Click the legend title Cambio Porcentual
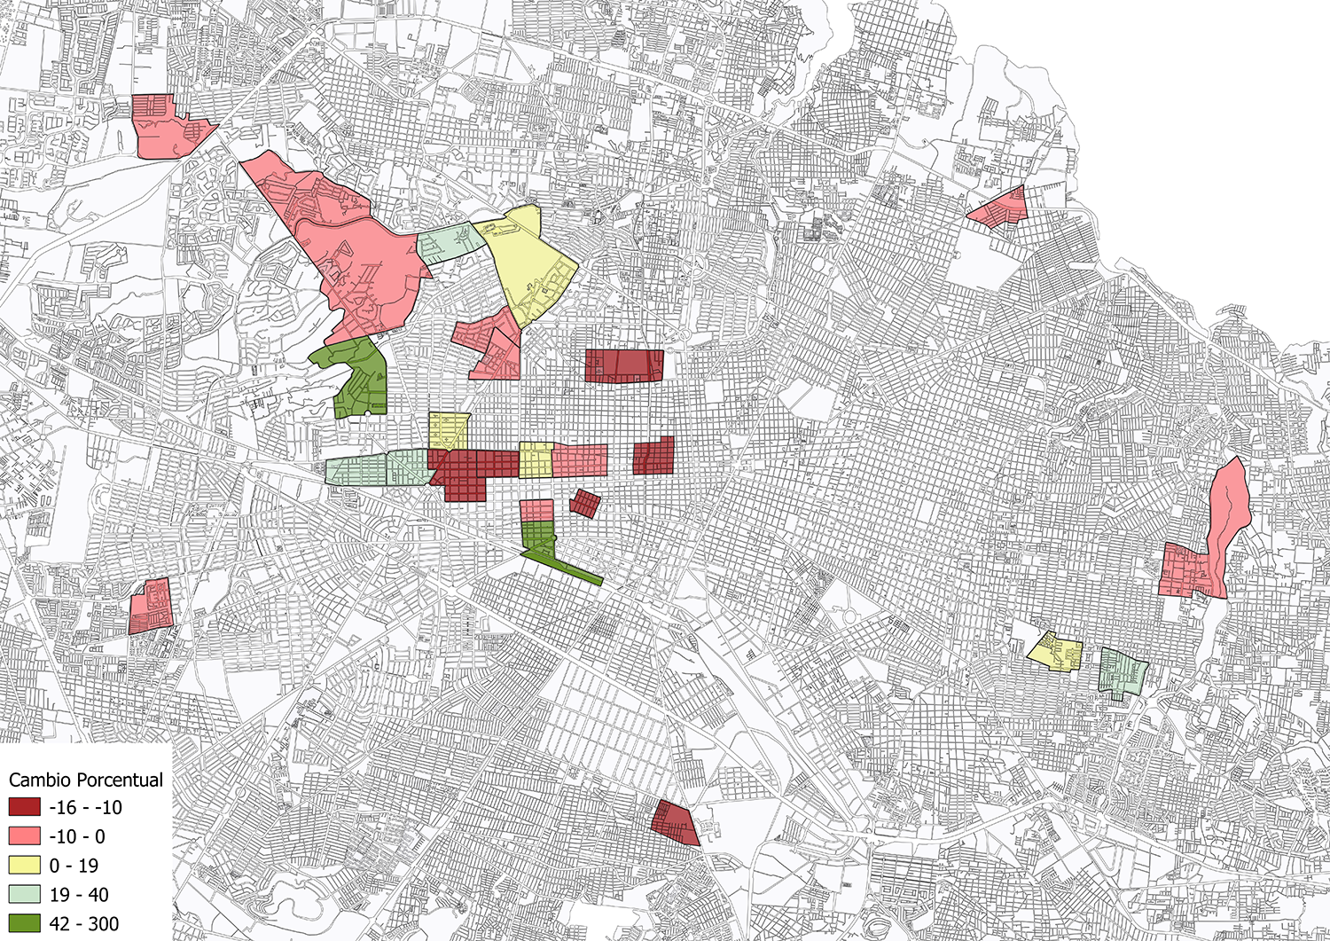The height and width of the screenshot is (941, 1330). (86, 780)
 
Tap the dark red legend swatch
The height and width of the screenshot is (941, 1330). (24, 807)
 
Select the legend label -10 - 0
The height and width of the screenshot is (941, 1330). (77, 836)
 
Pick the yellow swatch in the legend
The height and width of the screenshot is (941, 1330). (24, 866)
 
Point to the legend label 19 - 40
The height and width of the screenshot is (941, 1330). (79, 895)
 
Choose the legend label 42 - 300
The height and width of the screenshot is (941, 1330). (84, 924)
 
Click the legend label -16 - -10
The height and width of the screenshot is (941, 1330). (86, 807)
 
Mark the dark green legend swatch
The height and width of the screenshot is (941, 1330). (24, 924)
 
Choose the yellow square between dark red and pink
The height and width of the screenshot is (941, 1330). (536, 459)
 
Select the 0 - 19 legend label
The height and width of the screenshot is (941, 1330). (74, 866)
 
